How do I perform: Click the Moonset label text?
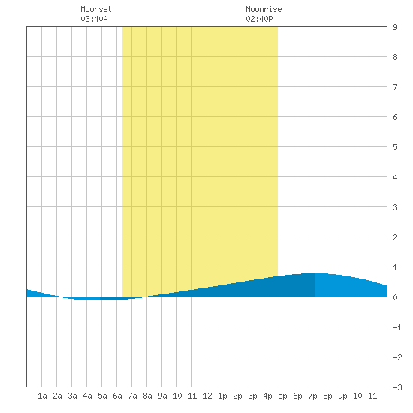pos(96,9)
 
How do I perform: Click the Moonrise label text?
pos(264,9)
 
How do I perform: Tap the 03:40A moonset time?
pos(94,19)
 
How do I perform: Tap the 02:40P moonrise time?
pos(259,19)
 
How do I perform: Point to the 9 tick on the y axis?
pos(395,27)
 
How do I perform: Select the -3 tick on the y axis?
pos(397,387)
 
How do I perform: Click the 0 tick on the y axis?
pos(395,297)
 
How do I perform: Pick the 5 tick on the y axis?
pos(395,147)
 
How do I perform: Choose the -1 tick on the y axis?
pos(397,327)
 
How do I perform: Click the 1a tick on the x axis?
pos(42,396)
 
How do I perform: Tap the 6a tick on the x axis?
pos(117,396)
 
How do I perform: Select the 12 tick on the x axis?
pos(207,396)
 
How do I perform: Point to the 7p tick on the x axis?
pos(312,396)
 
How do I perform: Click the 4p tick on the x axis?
pos(267,396)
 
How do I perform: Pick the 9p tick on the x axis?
pos(342,396)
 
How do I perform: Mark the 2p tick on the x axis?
pos(237,396)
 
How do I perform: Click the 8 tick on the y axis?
pos(395,57)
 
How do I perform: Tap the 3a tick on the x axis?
pos(72,396)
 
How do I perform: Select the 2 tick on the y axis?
pos(395,237)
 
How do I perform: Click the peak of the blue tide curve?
pos(315,273)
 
